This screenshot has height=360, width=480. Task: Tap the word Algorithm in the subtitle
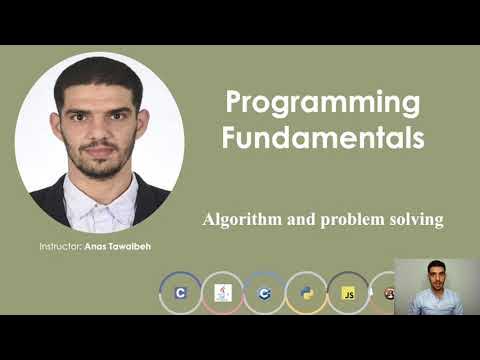click(x=242, y=219)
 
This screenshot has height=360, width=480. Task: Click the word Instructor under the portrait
click(x=61, y=246)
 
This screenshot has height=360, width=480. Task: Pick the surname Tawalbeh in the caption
click(x=136, y=246)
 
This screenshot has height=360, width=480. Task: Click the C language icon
click(x=180, y=293)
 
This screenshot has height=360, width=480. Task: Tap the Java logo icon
click(x=222, y=293)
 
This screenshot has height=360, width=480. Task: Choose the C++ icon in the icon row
click(x=264, y=293)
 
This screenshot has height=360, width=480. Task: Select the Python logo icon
click(x=306, y=293)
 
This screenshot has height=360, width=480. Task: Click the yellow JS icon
click(x=348, y=293)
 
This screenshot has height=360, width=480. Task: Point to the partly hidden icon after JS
click(x=387, y=293)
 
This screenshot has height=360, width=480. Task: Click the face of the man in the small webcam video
click(x=435, y=273)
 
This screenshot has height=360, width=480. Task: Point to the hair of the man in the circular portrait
click(x=98, y=76)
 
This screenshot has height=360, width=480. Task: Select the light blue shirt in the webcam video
click(x=436, y=303)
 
